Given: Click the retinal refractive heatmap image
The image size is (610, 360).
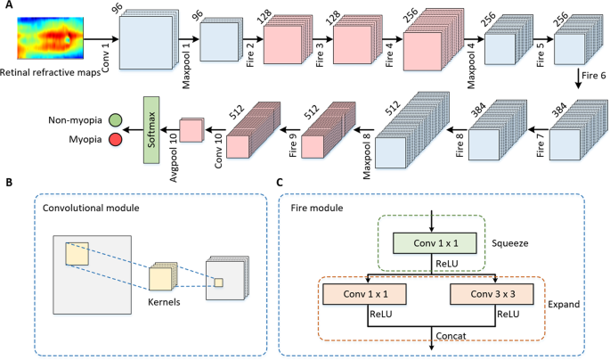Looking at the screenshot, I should (48, 38).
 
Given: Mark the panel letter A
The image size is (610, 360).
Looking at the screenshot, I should (7, 7).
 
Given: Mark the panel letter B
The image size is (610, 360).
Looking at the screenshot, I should (7, 184).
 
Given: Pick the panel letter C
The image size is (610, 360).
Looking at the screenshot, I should (282, 184).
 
